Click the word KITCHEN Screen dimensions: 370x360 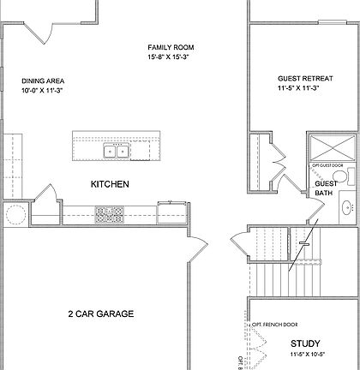pyautogui.click(x=110, y=184)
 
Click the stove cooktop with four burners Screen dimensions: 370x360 pyautogui.click(x=109, y=214)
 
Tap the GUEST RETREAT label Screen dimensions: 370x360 pyautogui.click(x=300, y=76)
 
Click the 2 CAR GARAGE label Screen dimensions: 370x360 pyautogui.click(x=100, y=314)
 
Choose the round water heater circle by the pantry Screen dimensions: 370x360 pyautogui.click(x=15, y=213)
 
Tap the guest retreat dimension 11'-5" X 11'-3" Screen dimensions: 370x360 pyautogui.click(x=300, y=87)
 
